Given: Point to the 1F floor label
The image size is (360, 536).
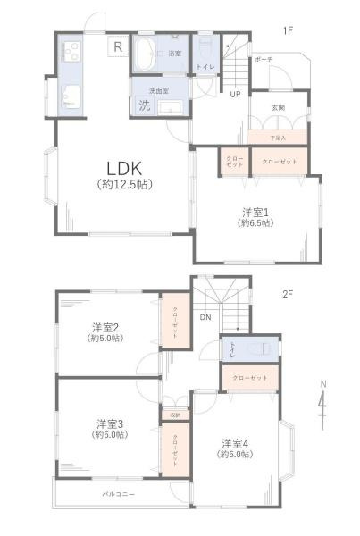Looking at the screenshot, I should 289,31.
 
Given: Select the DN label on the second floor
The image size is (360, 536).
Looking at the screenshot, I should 205,318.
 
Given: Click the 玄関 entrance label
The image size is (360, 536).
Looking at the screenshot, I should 279,107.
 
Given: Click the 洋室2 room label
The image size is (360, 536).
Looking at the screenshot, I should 105,327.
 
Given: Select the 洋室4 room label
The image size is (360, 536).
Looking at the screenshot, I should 233,442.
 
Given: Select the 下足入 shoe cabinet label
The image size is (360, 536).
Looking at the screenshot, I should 279,137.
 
